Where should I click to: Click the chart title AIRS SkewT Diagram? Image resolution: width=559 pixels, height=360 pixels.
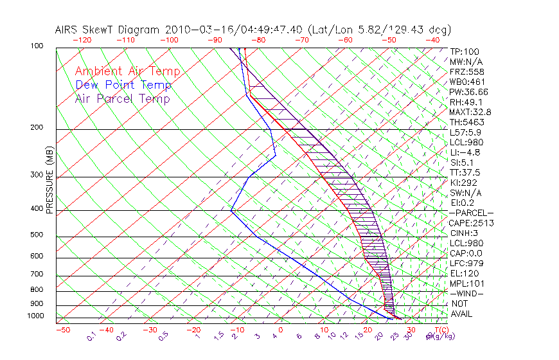pyautogui.click(x=109, y=30)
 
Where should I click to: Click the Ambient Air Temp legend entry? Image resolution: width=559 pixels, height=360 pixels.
pyautogui.click(x=127, y=71)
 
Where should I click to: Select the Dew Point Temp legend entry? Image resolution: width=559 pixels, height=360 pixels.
pyautogui.click(x=123, y=85)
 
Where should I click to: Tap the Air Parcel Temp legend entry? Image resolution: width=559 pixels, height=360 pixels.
pyautogui.click(x=122, y=98)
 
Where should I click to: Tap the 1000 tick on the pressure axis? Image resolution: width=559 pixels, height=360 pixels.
pyautogui.click(x=35, y=316)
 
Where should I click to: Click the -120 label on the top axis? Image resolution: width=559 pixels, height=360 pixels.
pyautogui.click(x=82, y=40)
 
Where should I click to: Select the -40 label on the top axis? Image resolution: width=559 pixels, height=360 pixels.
pyautogui.click(x=432, y=40)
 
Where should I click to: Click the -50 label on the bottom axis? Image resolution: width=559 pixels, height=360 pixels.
pyautogui.click(x=62, y=330)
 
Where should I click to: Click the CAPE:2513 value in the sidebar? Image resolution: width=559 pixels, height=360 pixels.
pyautogui.click(x=470, y=223)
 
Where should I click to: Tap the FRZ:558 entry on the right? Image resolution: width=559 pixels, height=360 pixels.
pyautogui.click(x=466, y=71)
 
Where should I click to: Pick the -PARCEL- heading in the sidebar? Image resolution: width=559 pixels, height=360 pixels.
pyautogui.click(x=472, y=213)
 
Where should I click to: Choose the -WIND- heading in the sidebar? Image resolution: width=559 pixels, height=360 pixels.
pyautogui.click(x=467, y=293)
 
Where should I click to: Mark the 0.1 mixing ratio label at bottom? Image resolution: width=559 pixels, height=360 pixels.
pyautogui.click(x=91, y=336)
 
